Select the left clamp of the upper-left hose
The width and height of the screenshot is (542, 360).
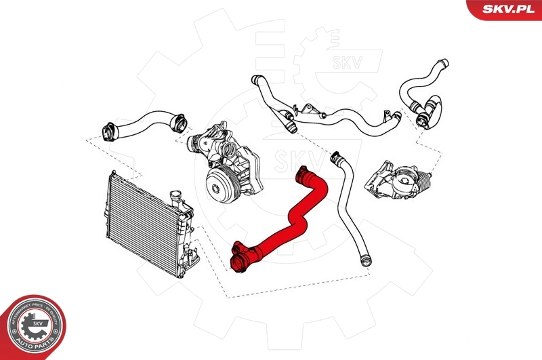tap(108, 129)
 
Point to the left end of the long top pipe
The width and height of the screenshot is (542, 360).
tap(257, 79)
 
